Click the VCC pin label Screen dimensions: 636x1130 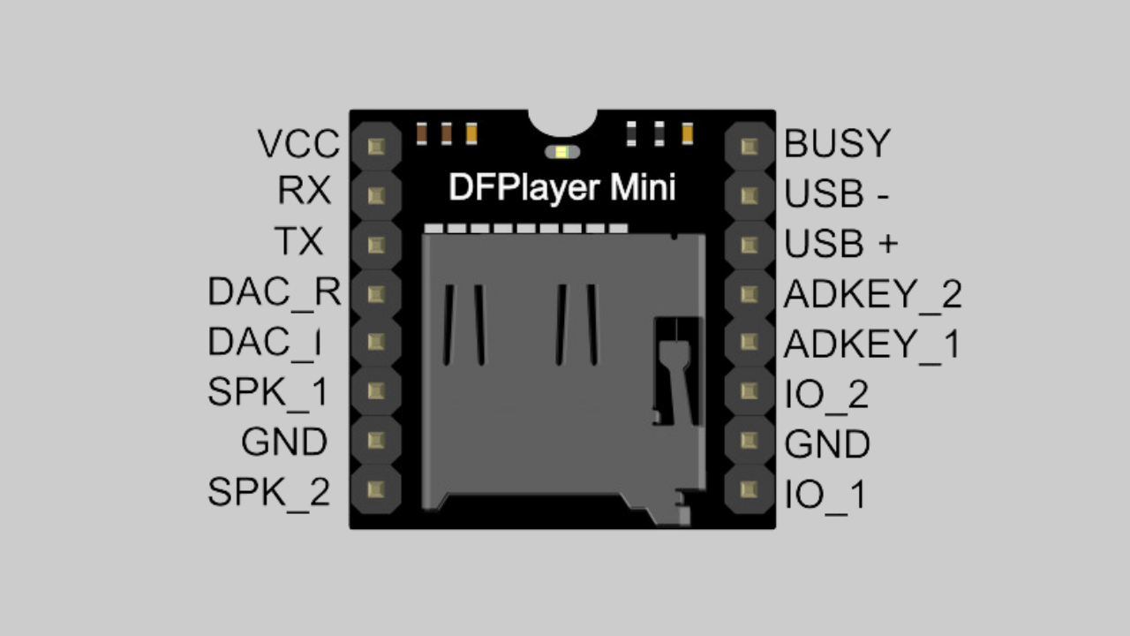click(298, 144)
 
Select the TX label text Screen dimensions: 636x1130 click(298, 241)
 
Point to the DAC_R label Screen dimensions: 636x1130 click(274, 291)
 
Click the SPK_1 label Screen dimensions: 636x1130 click(267, 392)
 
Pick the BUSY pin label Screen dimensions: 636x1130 click(837, 144)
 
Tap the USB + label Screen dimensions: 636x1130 click(840, 245)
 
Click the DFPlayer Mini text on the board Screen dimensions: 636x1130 click(561, 188)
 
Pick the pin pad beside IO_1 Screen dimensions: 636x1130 click(750, 488)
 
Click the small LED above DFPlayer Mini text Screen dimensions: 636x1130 click(562, 152)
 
